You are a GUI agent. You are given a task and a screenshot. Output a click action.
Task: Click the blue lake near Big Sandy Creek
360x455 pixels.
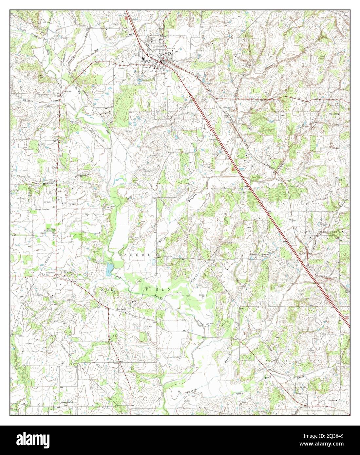coord(108,269)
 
